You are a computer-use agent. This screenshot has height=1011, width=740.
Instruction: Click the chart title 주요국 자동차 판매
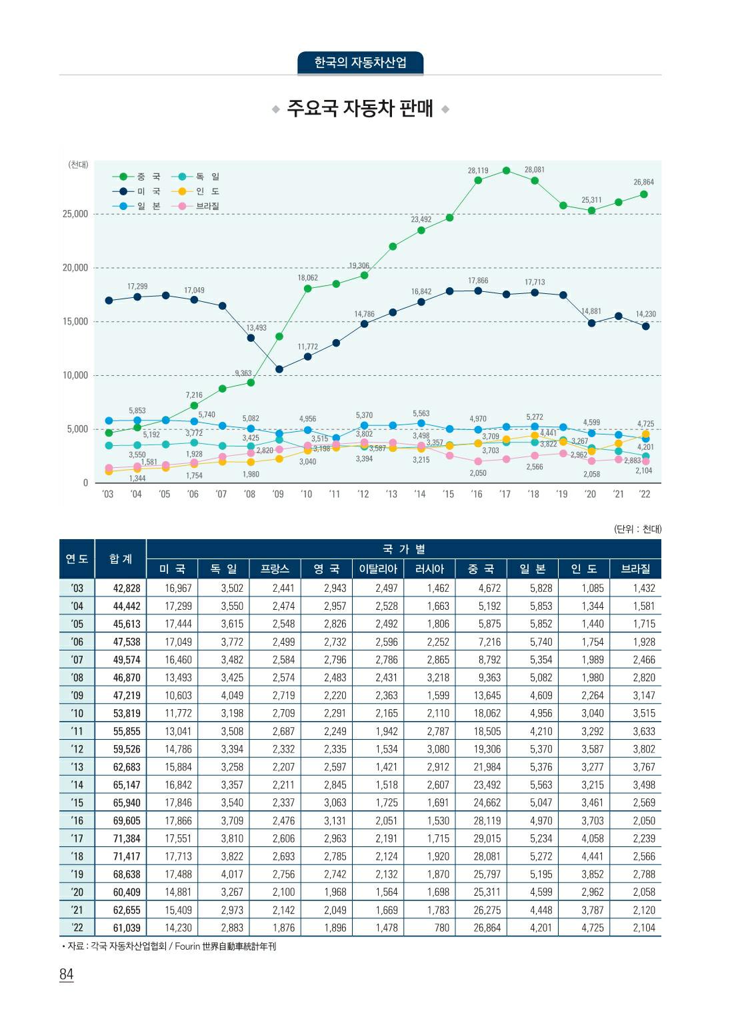360,108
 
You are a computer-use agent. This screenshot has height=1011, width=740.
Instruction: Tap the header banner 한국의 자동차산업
360,63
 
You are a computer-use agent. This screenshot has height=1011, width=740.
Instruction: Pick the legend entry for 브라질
197,206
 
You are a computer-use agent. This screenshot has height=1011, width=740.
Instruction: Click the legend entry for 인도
197,191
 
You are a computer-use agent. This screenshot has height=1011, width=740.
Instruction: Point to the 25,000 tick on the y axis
75,214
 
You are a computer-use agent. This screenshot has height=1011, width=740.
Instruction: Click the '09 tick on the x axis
278,494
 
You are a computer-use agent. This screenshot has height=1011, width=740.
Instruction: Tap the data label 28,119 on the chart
478,171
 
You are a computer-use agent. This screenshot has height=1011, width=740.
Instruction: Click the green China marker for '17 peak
507,171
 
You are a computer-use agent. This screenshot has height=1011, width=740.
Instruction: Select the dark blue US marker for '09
279,369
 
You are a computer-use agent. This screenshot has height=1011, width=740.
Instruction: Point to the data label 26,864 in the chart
643,182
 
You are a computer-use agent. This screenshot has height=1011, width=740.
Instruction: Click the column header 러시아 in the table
429,568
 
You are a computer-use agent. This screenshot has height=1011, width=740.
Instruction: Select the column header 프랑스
275,568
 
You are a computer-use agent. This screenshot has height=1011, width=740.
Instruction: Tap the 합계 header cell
121,558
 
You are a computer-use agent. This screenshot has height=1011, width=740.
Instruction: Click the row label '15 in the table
77,802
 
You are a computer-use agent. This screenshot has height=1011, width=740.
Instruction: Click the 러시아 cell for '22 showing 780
441,928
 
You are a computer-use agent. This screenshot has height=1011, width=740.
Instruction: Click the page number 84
66,974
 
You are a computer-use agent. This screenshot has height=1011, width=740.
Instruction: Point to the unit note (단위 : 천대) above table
637,529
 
